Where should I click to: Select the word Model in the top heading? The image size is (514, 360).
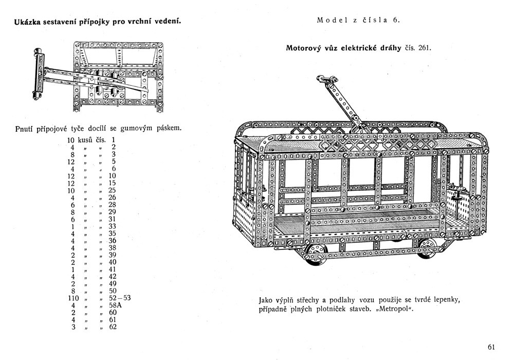[328, 21]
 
